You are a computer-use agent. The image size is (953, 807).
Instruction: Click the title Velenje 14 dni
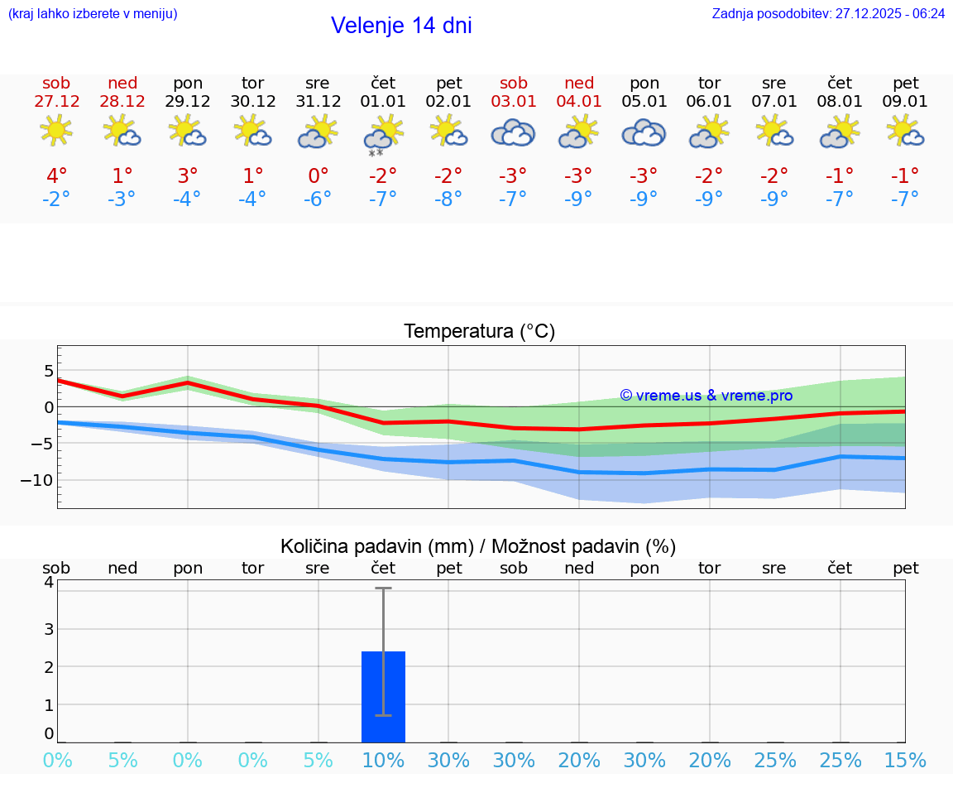coord(401,26)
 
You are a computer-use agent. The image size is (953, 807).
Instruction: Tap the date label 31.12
coord(318,102)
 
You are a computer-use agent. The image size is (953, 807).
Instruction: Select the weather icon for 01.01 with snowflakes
coord(383,134)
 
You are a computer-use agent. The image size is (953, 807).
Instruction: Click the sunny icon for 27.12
coord(56,131)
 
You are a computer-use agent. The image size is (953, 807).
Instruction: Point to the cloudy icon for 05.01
coord(644,132)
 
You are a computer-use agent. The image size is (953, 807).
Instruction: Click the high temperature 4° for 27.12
coord(56,175)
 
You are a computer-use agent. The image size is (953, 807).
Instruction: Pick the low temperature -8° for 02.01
coord(448,199)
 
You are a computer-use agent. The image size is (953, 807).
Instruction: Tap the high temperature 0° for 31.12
coord(318,175)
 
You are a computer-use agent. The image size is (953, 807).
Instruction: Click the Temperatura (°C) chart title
coord(479,332)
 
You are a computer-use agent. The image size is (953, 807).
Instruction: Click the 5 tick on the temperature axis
coord(48,370)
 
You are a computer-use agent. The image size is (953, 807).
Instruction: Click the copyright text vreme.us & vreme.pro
coord(706,396)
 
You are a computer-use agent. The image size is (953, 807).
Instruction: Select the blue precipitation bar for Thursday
coord(383,697)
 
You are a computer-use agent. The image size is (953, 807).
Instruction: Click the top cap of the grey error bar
coord(383,588)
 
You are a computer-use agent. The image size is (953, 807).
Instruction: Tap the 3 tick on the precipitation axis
coord(49,628)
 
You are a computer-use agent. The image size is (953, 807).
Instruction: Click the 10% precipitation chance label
coord(383,761)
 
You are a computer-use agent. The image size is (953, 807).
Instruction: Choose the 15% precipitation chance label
coord(905,761)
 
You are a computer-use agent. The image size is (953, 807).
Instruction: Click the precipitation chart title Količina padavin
coord(478,546)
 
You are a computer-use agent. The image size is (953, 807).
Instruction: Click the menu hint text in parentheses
coord(93,14)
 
